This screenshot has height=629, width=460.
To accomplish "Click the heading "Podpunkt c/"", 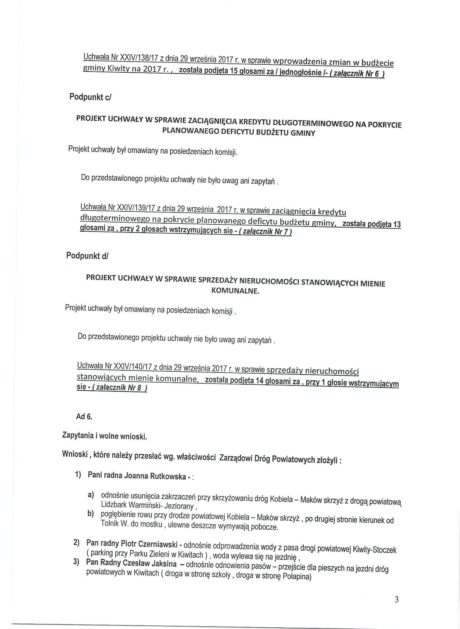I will pos(90,97).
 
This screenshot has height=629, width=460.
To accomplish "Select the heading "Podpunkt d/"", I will pos(87,256).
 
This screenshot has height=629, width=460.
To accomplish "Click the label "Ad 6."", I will pos(84,417).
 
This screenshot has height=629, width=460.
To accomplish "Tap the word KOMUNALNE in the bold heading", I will pos(235,291).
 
